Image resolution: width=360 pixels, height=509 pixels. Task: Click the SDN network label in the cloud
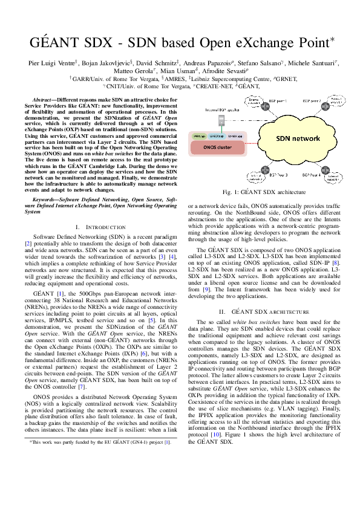tap(298, 138)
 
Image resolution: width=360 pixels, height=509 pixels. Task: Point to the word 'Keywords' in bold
tap(47, 198)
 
